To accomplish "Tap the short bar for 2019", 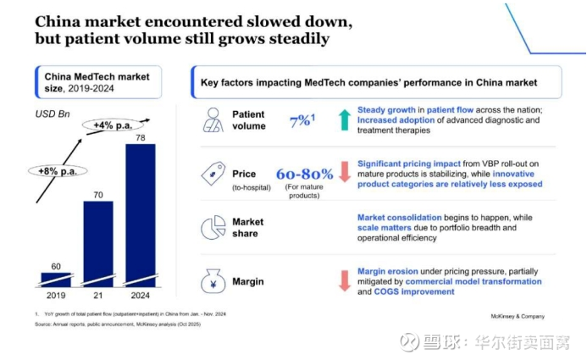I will point(56,279).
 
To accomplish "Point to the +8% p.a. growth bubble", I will point(58,170).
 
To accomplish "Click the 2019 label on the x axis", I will point(56,296).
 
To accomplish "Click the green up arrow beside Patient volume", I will point(344,120).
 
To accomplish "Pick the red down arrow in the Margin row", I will point(344,280).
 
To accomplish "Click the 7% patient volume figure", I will point(301,120).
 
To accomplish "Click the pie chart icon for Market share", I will point(213,228).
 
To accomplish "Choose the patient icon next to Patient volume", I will point(213,119).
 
